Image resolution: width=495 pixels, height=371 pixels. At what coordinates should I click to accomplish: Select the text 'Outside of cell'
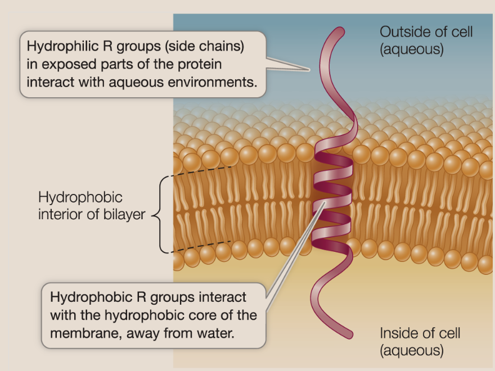pyautogui.click(x=426, y=31)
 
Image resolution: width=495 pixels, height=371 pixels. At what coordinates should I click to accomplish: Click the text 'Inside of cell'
pyautogui.click(x=420, y=333)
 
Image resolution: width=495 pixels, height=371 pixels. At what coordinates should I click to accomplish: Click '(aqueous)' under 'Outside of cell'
pyautogui.click(x=412, y=49)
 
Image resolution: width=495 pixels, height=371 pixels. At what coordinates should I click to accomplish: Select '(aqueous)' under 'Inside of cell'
pyautogui.click(x=412, y=351)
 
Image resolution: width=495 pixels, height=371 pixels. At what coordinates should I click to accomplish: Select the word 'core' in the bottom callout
pyautogui.click(x=211, y=314)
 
